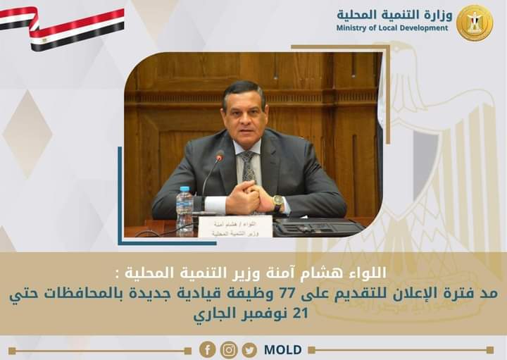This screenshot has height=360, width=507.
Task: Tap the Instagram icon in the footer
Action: point(229,350)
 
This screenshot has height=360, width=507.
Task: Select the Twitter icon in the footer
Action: point(249,350)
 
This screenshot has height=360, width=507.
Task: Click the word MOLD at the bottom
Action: point(283,350)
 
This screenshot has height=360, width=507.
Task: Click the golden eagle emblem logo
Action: point(474,23)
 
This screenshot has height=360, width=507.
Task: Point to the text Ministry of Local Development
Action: point(392,28)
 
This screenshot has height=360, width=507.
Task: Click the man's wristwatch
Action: point(279,203)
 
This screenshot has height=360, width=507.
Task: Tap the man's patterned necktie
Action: point(249,167)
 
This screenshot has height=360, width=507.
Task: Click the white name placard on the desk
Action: point(234,225)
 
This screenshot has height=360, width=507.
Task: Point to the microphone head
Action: point(220,156)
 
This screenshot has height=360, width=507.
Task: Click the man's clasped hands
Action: point(250,199)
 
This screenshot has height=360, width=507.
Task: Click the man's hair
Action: point(242,91)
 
